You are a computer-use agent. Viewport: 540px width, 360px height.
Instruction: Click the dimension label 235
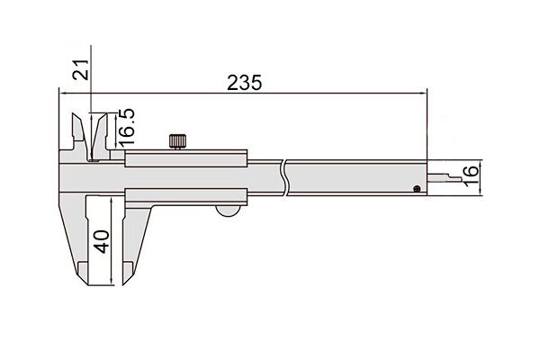244,83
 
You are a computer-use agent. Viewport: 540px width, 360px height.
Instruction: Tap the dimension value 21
81,69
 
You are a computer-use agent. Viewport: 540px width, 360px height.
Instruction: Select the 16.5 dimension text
126,128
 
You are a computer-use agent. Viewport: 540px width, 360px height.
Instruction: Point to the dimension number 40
102,241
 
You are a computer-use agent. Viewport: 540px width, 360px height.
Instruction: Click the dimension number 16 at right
471,175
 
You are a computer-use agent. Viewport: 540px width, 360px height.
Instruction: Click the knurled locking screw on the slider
177,141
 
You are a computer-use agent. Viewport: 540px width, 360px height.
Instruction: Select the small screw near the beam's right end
417,188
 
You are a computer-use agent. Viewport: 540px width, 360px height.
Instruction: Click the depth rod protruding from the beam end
445,178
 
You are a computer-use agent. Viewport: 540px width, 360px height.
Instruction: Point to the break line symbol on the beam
284,178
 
